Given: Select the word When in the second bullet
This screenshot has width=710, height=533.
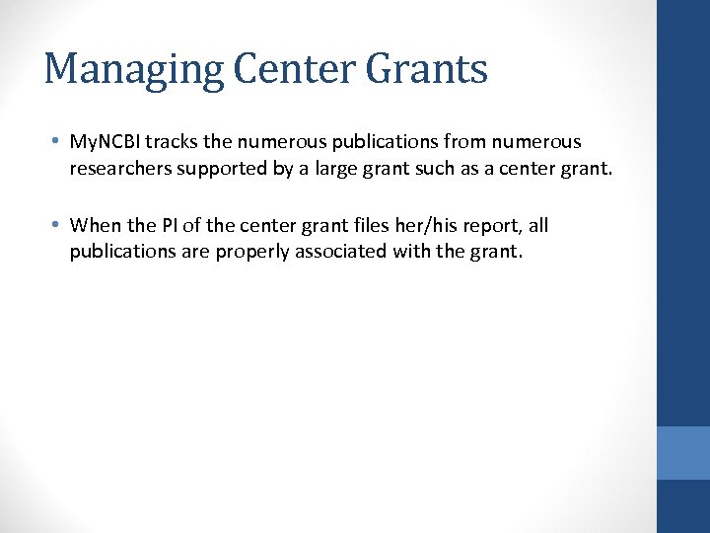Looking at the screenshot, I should point(96,225).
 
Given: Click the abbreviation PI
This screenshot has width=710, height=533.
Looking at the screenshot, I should point(165,225).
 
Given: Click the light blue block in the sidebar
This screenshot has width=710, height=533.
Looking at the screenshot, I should point(683,453).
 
